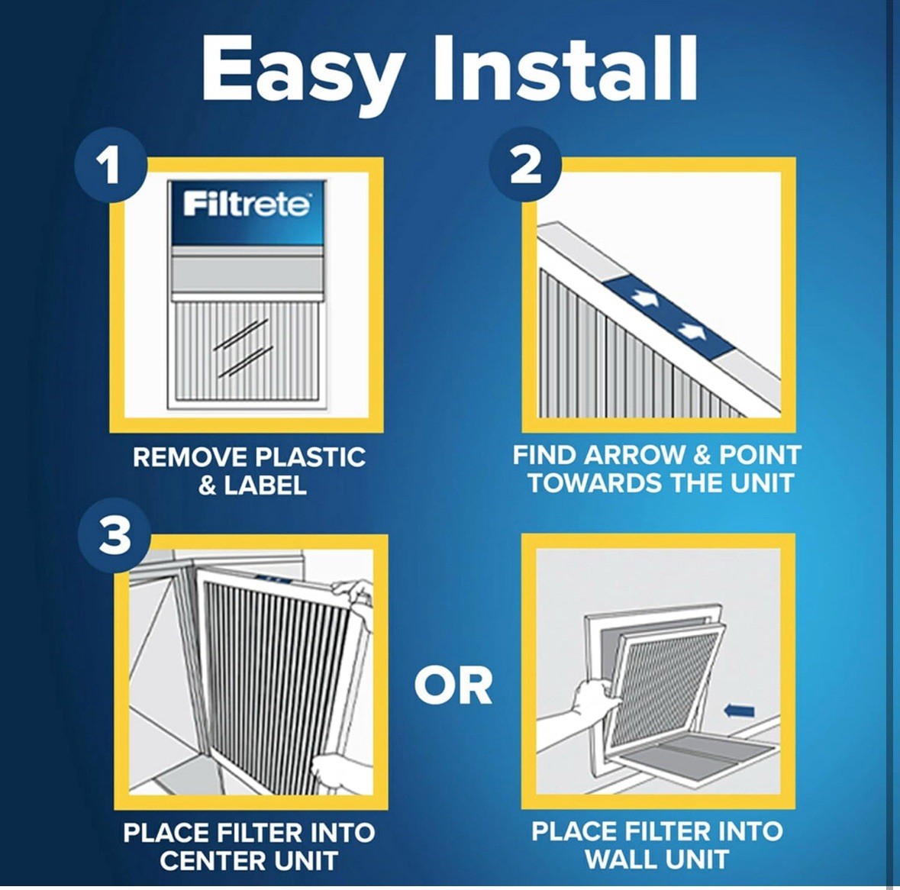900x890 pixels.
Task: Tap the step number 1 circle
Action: (111, 164)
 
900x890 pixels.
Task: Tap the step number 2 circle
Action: (525, 165)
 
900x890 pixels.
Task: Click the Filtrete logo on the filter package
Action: (247, 205)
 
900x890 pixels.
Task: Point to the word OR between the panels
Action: (453, 685)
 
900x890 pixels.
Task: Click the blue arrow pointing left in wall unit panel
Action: (738, 711)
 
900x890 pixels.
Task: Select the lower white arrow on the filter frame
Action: (691, 331)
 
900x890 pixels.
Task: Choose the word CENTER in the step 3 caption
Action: (209, 861)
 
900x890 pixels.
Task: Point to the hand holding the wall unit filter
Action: (593, 695)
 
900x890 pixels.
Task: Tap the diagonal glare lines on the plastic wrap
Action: (243, 347)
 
